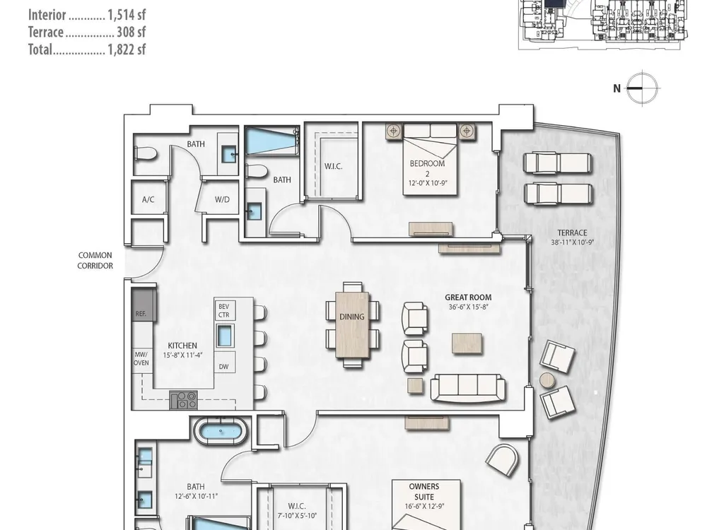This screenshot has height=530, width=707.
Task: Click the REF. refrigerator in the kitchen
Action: pyautogui.click(x=144, y=305)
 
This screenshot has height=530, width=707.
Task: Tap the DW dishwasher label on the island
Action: pyautogui.click(x=223, y=367)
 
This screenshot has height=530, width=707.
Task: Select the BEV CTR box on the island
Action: pyautogui.click(x=224, y=310)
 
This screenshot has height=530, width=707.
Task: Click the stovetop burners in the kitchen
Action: pyautogui.click(x=183, y=400)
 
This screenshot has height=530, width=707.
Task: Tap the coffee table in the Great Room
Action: pyautogui.click(x=467, y=343)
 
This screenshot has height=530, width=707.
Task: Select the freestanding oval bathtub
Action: pyautogui.click(x=221, y=431)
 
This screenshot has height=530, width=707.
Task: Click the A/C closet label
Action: pyautogui.click(x=148, y=199)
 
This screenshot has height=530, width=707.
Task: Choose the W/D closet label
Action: pyautogui.click(x=222, y=199)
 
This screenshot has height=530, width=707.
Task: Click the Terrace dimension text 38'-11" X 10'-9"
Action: pyautogui.click(x=572, y=242)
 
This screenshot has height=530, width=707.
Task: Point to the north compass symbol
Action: pyautogui.click(x=641, y=88)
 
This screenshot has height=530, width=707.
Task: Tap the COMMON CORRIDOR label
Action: pyautogui.click(x=95, y=261)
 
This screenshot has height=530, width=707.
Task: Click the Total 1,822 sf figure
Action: pyautogui.click(x=127, y=49)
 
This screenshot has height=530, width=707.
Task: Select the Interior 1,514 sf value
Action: pyautogui.click(x=127, y=15)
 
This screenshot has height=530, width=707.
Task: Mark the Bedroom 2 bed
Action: pyautogui.click(x=430, y=160)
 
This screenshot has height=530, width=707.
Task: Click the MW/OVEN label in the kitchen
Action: pyautogui.click(x=141, y=359)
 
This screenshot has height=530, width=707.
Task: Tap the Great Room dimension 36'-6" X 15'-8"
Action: pyautogui.click(x=468, y=307)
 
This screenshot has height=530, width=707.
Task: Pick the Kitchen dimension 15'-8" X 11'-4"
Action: pyautogui.click(x=182, y=355)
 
